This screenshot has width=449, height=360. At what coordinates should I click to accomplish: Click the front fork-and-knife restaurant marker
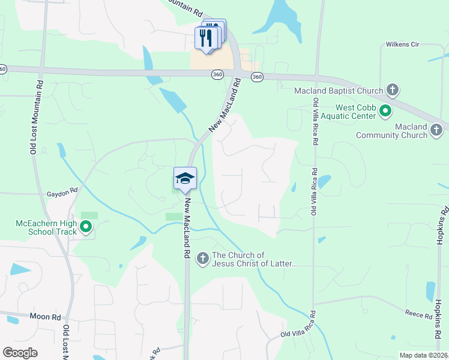pyautogui.click(x=206, y=39)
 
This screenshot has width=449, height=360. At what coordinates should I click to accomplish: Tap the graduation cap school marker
pyautogui.click(x=185, y=178)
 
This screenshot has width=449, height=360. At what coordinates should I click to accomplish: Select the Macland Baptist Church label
pyautogui.click(x=339, y=91)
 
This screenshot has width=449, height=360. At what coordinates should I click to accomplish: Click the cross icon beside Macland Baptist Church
pyautogui.click(x=393, y=91)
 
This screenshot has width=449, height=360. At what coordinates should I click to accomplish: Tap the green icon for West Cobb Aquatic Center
pyautogui.click(x=386, y=110)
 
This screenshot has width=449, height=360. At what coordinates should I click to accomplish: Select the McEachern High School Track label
pyautogui.click(x=46, y=228)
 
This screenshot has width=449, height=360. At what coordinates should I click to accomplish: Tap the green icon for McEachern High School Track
pyautogui.click(x=86, y=227)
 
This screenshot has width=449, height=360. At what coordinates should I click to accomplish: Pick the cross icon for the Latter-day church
pyautogui.click(x=203, y=259)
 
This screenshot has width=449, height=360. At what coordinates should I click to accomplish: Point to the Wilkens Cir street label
pyautogui.click(x=402, y=44)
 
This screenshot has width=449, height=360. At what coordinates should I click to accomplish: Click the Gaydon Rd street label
pyautogui.click(x=62, y=194)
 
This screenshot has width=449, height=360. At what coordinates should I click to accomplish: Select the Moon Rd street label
pyautogui.click(x=48, y=316)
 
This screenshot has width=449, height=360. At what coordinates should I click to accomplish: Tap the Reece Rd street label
pyautogui.click(x=415, y=313)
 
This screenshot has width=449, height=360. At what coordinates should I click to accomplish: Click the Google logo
pyautogui.click(x=20, y=353)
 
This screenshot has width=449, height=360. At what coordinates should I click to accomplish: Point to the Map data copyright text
pyautogui.click(x=423, y=355)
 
